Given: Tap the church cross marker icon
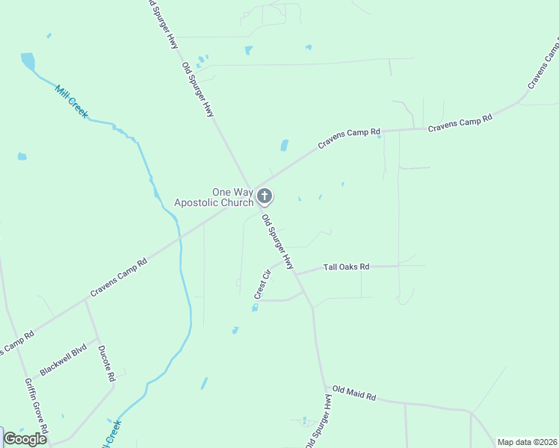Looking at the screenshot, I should [x=264, y=196].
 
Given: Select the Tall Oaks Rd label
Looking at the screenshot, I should [x=346, y=267].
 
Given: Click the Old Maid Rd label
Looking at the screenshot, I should [x=354, y=392].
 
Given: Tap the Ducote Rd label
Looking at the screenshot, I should [x=106, y=363].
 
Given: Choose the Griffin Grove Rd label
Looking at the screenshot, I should [x=37, y=407].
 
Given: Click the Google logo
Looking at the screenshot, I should [x=25, y=439].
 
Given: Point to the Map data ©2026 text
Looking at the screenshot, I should [x=527, y=442].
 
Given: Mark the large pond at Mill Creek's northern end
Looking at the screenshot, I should [x=28, y=60].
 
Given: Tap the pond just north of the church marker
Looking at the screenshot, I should [x=284, y=146].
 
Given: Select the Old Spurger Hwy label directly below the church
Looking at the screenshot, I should [x=277, y=243].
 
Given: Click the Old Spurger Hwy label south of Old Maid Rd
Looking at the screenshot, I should [x=317, y=422].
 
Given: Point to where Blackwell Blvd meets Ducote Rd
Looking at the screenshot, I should [x=98, y=340].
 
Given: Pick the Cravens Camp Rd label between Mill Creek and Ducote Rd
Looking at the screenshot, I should [x=119, y=278].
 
